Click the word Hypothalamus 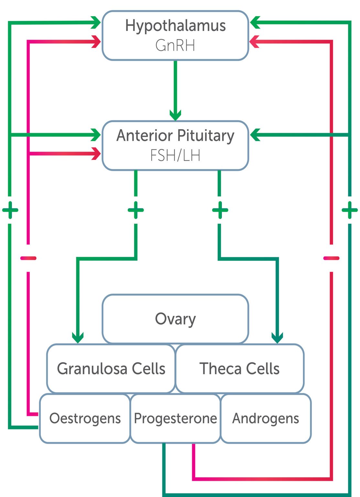tap(175, 26)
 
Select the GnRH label tap(175, 45)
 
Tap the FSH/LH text tap(175, 155)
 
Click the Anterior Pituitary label tap(175, 136)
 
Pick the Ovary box tap(175, 319)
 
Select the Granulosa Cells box tap(111, 369)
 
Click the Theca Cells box tap(240, 369)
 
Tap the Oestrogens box tap(85, 418)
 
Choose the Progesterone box tap(175, 418)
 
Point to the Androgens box tap(266, 418)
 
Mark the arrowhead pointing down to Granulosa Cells tap(78, 337)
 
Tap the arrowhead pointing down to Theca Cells tap(278, 337)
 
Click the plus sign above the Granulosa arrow tap(136, 210)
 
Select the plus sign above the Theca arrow tap(220, 210)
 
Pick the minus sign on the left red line tap(28, 258)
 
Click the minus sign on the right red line tap(331, 258)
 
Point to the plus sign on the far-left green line tap(10, 210)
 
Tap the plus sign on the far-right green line tap(350, 210)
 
